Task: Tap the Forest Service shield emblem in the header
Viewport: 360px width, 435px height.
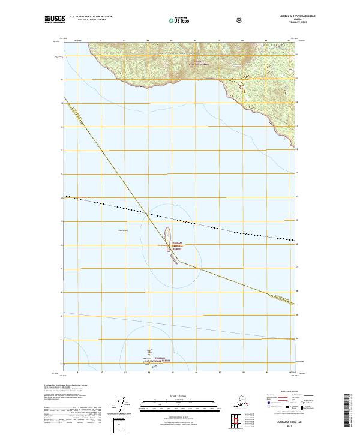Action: coord(206,20)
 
